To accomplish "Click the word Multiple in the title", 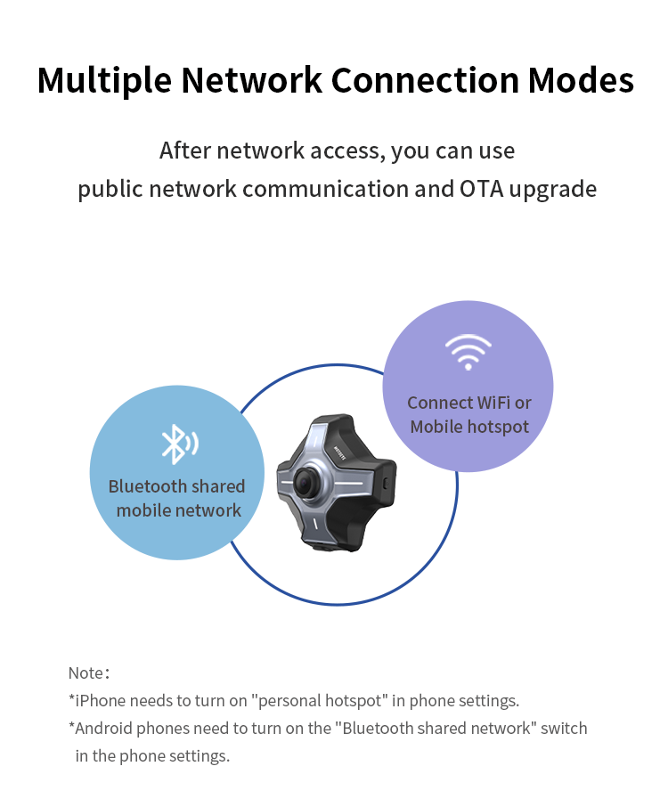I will point(104,80).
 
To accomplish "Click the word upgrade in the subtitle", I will point(552,189).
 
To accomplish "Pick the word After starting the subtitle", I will point(185,151).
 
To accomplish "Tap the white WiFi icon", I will point(468,352).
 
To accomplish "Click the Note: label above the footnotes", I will point(89,672).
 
